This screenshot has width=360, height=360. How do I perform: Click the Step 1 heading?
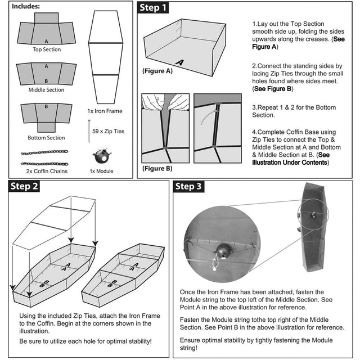pos(154,8)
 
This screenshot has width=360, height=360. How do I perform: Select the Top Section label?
pos(46,50)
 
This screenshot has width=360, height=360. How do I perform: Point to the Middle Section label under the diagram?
pos(46,90)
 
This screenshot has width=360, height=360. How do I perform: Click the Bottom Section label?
pos(46,138)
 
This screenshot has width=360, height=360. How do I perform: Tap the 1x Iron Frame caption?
pos(105,111)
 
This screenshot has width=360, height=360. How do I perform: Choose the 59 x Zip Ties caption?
pos(107,131)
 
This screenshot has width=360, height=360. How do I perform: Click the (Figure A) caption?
pos(157,71)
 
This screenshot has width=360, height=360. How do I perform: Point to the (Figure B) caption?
pos(157,168)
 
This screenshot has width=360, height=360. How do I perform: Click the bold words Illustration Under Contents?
pos(289,163)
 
